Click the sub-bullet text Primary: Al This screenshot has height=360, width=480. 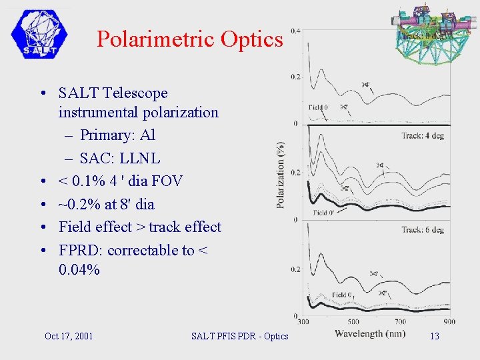(x=117, y=135)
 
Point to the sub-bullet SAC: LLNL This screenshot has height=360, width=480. (x=120, y=159)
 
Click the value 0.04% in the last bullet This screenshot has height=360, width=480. (x=79, y=270)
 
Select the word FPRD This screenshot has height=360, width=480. (x=81, y=251)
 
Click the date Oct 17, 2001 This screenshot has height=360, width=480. (x=69, y=336)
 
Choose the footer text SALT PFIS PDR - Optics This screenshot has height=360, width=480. (x=239, y=336)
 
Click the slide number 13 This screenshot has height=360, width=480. (x=435, y=336)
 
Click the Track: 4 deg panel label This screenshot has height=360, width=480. (x=422, y=136)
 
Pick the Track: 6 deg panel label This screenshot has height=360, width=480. (x=422, y=230)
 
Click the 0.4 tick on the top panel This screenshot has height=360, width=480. (x=295, y=31)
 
